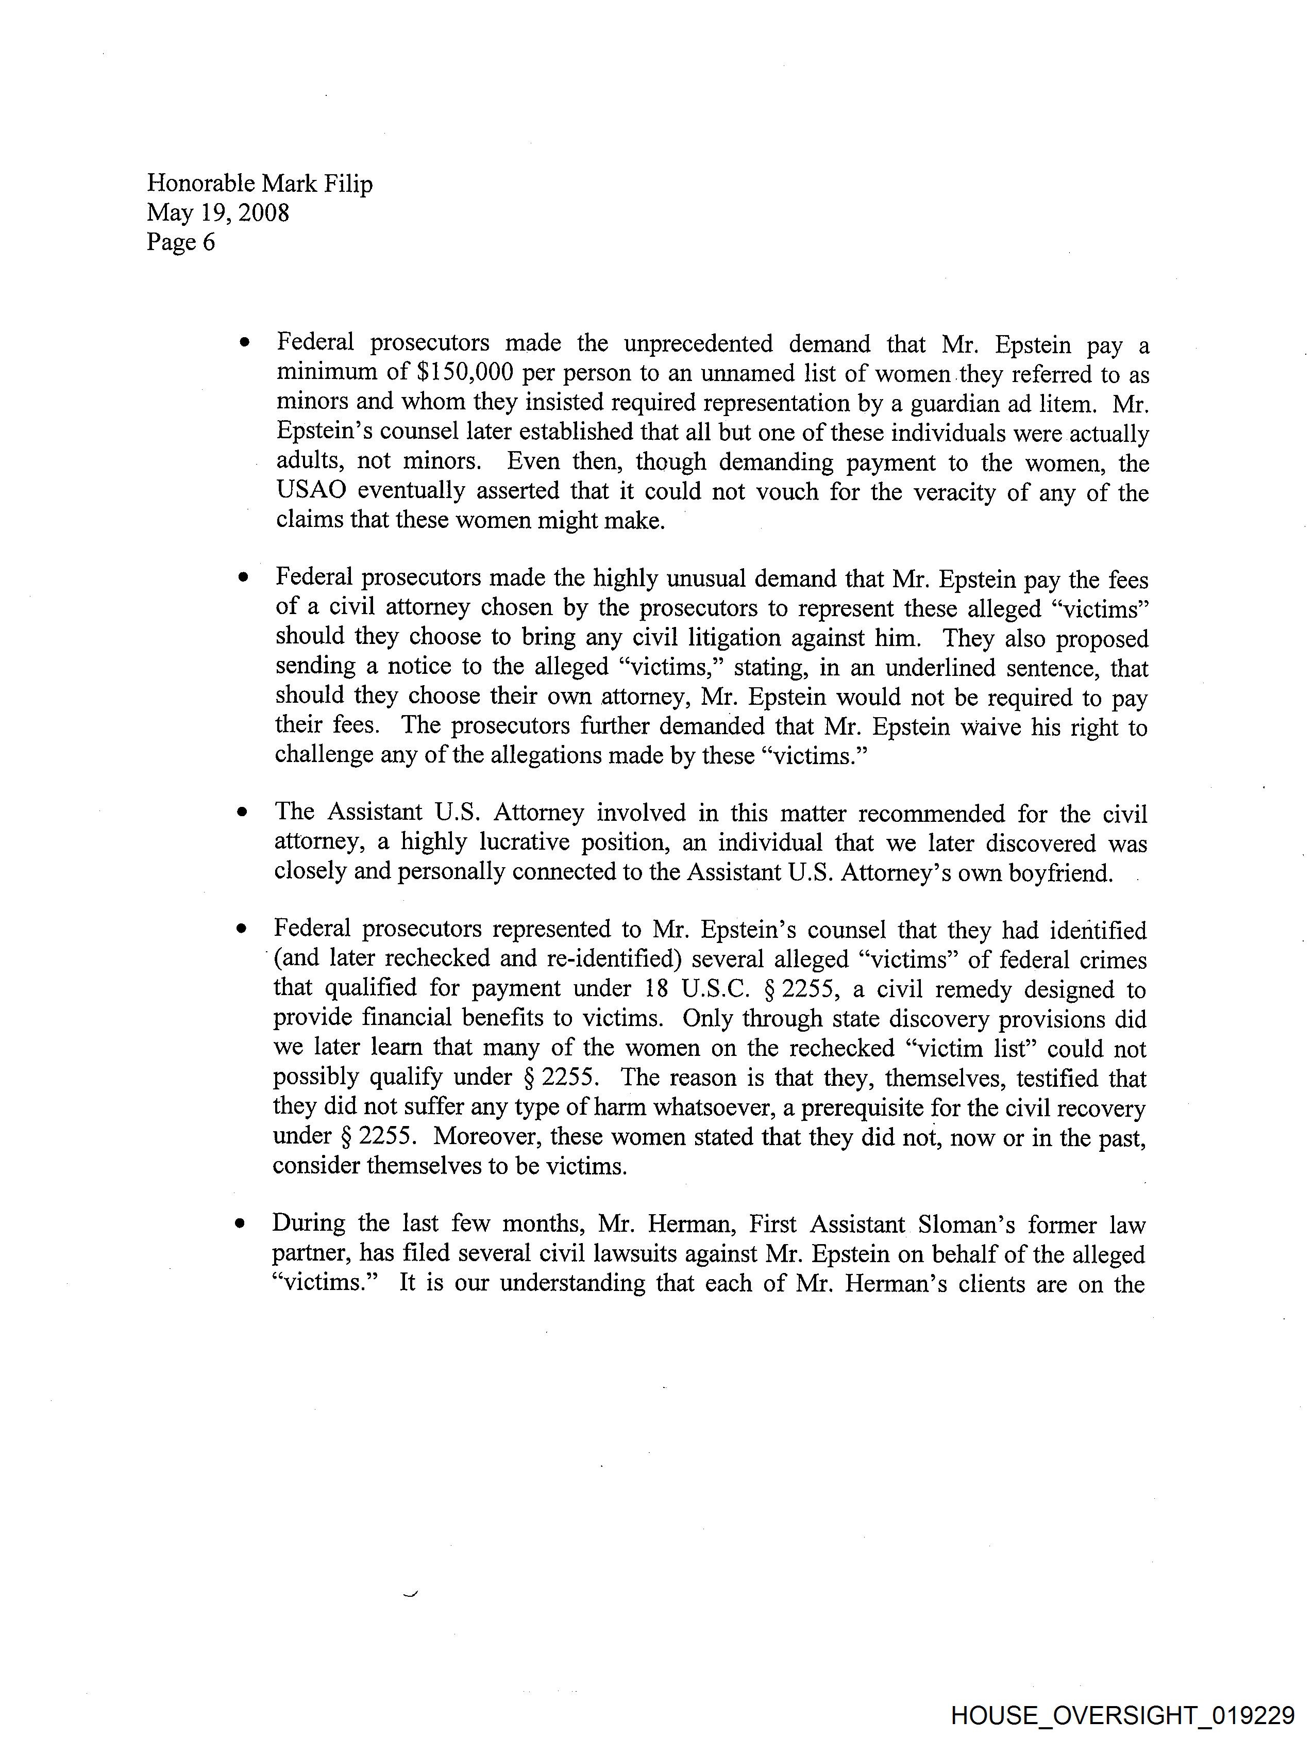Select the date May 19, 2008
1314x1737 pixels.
tap(217, 213)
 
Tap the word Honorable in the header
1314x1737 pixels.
tap(201, 184)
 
